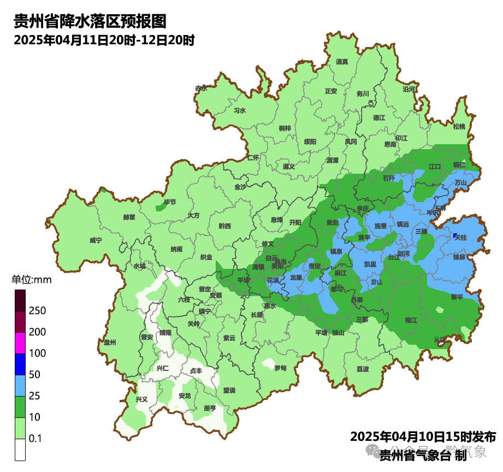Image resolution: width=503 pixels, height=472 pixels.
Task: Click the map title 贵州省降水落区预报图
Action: click(90, 21)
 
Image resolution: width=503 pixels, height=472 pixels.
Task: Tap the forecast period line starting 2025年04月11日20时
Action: click(104, 40)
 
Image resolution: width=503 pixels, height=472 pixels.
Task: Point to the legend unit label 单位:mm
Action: click(31, 280)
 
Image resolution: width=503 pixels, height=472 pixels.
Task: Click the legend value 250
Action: click(38, 311)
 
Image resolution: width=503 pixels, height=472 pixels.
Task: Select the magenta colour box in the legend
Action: click(20, 343)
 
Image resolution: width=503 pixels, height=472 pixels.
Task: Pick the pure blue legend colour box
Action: click(20, 364)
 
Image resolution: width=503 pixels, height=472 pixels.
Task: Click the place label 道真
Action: click(342, 62)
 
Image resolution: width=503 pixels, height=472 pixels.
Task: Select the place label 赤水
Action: click(201, 88)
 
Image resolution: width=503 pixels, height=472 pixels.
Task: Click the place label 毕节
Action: click(170, 202)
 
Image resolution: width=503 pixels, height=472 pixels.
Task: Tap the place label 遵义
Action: click(289, 166)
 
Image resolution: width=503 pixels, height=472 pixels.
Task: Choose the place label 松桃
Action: click(459, 127)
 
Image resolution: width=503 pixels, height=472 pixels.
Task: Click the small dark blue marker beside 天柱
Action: click(454, 235)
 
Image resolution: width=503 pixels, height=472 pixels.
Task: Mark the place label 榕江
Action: click(411, 320)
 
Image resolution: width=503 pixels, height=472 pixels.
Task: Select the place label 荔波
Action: click(363, 369)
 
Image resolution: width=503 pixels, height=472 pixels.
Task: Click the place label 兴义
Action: click(141, 399)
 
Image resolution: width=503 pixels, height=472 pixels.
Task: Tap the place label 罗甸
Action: click(280, 368)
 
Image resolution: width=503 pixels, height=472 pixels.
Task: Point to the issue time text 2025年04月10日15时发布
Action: click(423, 436)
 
